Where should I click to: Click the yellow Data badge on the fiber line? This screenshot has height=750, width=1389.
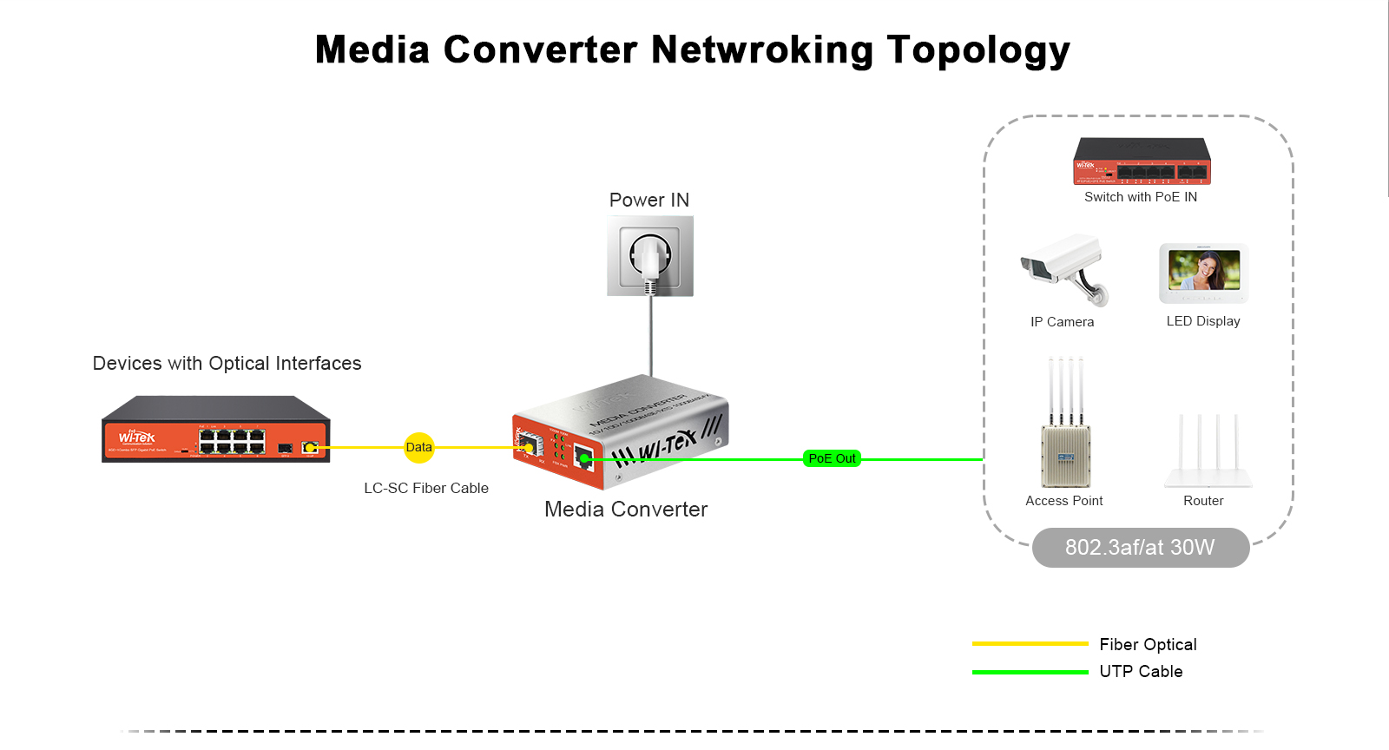[418, 448]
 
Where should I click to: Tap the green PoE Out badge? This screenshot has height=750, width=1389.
[832, 458]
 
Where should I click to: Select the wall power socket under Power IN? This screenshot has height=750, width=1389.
[650, 256]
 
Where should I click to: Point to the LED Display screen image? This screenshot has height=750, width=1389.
[1204, 271]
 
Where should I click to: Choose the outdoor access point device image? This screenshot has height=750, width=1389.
[1065, 425]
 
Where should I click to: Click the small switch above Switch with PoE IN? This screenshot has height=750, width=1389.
[1142, 161]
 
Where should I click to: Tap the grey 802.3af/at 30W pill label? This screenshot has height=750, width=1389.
[1140, 548]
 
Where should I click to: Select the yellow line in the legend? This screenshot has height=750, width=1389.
[1030, 644]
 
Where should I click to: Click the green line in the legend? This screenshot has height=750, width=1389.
[1030, 672]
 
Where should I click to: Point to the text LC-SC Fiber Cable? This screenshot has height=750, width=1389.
[426, 489]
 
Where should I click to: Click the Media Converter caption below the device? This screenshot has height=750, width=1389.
[626, 510]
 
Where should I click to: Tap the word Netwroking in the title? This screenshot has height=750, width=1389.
[762, 49]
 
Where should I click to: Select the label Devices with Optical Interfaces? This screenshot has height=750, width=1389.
[227, 364]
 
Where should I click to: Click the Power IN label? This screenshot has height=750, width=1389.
[649, 201]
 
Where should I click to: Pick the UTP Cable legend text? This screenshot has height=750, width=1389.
[1141, 672]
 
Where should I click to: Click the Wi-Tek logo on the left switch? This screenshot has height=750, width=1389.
[137, 437]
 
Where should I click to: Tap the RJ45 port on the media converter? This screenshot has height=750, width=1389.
[584, 458]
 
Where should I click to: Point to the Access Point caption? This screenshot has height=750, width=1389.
[1063, 501]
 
